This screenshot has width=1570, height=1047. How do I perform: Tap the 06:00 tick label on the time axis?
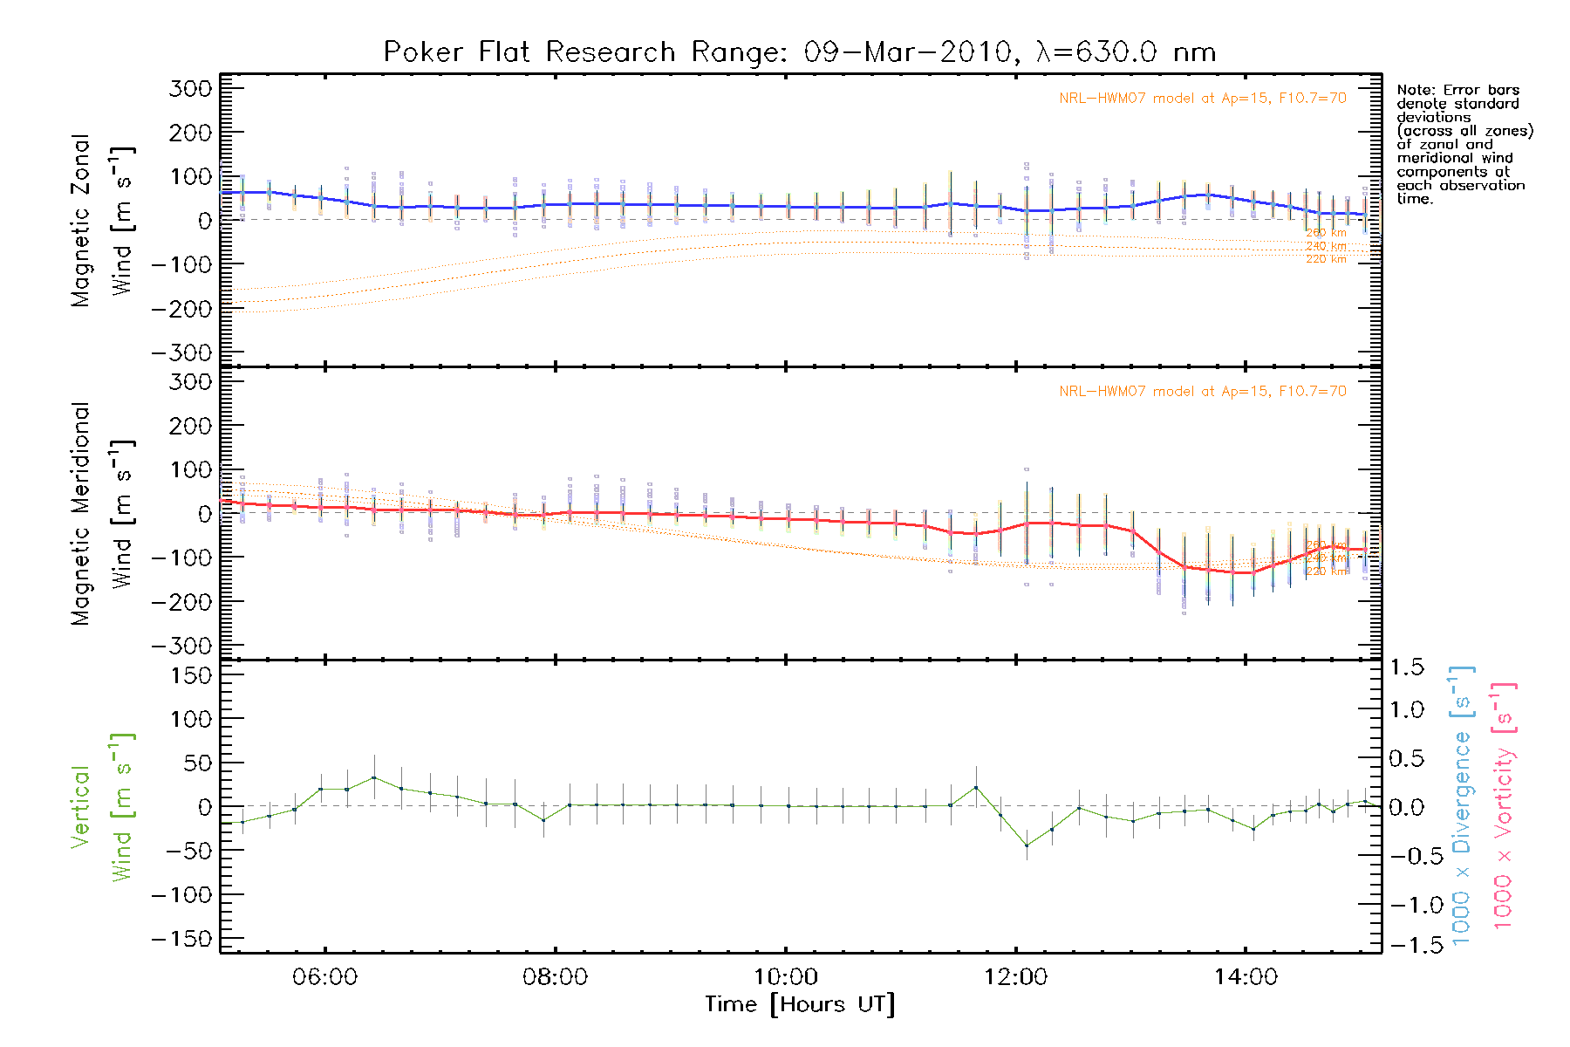325,977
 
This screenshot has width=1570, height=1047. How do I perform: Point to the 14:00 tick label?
1246,977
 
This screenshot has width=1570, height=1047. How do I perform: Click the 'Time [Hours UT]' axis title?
800,1004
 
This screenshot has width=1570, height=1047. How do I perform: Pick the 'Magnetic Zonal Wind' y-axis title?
103,221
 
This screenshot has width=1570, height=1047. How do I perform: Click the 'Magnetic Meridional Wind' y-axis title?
103,514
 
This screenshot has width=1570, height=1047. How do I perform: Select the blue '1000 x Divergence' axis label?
1462,806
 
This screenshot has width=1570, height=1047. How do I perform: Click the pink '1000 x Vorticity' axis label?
1504,806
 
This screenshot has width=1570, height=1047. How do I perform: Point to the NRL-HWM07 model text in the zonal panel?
1202,98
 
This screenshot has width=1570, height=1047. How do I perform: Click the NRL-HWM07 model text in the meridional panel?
1202,391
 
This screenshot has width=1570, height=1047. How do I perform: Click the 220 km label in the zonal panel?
1326,259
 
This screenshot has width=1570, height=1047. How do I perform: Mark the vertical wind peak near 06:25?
374,777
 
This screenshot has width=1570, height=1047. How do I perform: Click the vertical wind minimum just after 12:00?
1027,845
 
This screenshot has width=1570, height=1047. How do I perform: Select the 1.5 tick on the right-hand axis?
1406,667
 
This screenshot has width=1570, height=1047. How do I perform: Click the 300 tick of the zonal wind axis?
190,88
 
